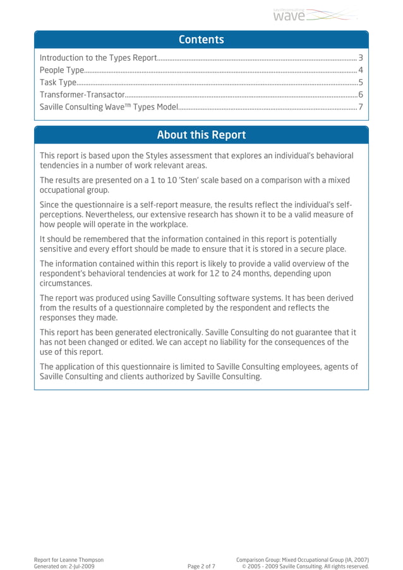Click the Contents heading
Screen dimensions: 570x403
click(x=201, y=40)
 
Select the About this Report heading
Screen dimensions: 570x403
click(x=201, y=135)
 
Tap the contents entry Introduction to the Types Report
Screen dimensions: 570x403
click(x=98, y=58)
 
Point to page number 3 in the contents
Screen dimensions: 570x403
click(x=360, y=58)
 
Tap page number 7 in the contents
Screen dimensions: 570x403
click(x=360, y=107)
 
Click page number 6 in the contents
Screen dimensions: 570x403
click(x=360, y=94)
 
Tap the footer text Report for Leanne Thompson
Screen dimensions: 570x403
click(x=69, y=560)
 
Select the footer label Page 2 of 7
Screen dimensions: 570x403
click(x=201, y=567)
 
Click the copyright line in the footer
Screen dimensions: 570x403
click(x=305, y=567)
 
